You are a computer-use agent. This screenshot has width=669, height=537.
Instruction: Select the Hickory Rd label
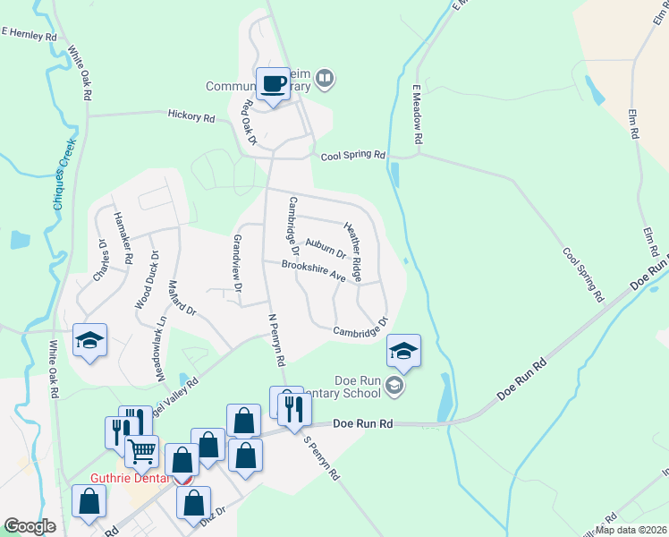click(x=191, y=116)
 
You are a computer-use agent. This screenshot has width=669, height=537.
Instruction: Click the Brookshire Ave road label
click(x=313, y=271)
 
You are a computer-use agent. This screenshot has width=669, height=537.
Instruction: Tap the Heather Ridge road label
click(x=353, y=248)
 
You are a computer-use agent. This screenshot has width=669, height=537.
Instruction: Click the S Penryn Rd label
click(x=321, y=458)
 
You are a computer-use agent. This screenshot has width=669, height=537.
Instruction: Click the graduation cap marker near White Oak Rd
click(x=90, y=340)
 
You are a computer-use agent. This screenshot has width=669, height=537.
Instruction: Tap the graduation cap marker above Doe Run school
click(x=403, y=351)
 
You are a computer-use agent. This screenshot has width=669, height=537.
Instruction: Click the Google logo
click(x=30, y=526)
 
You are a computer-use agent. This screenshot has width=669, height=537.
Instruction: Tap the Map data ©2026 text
click(x=630, y=530)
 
